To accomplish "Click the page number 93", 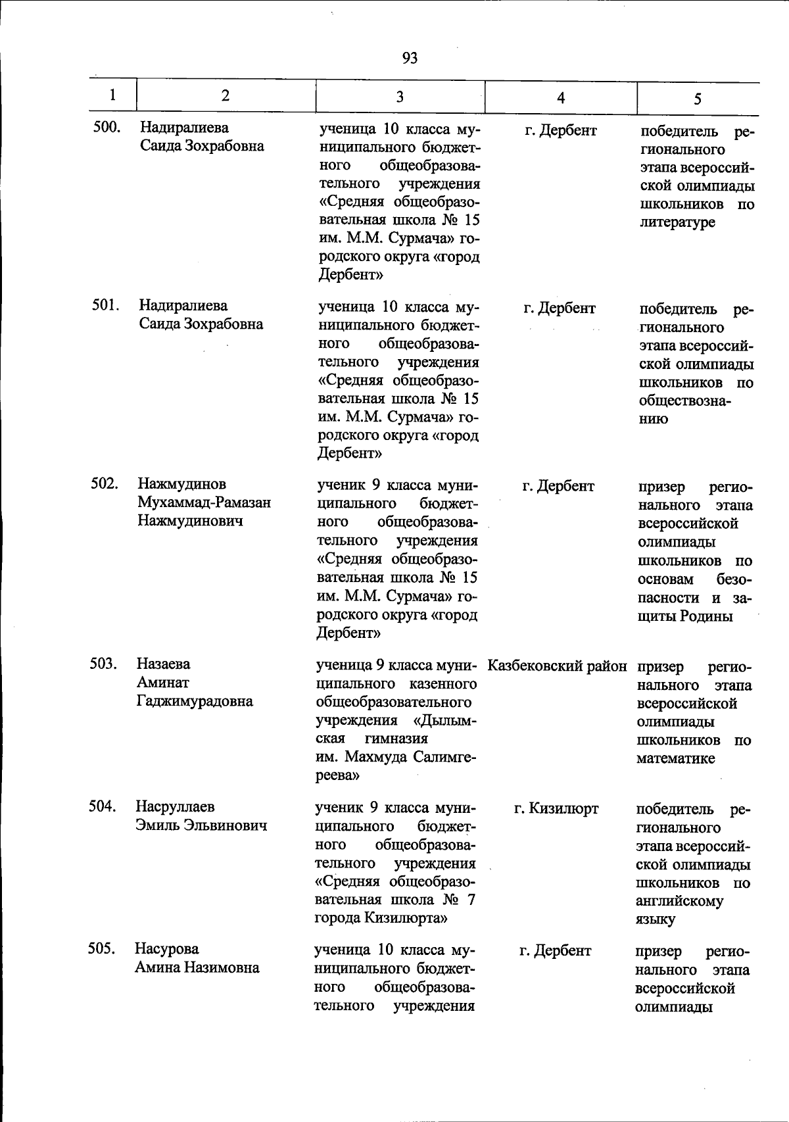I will tap(409, 59).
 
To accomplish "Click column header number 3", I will tap(399, 97).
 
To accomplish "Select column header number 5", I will tap(697, 99).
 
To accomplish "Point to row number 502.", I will tap(105, 484).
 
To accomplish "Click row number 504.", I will tap(103, 806).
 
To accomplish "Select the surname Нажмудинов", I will tap(181, 484).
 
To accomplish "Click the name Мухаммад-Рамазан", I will tap(204, 502).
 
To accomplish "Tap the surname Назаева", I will tap(164, 664).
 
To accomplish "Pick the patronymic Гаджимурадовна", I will tap(195, 701).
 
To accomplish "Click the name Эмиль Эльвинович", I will tap(201, 825).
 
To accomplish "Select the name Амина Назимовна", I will tap(197, 967).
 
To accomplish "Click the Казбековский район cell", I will tap(558, 666).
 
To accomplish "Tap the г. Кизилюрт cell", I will tap(556, 808).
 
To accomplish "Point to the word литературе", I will tap(677, 222).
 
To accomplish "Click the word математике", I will tap(675, 758).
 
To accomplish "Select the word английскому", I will tap(679, 901).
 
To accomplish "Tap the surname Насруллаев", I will tap(175, 806).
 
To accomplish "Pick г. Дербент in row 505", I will tap(555, 950).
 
